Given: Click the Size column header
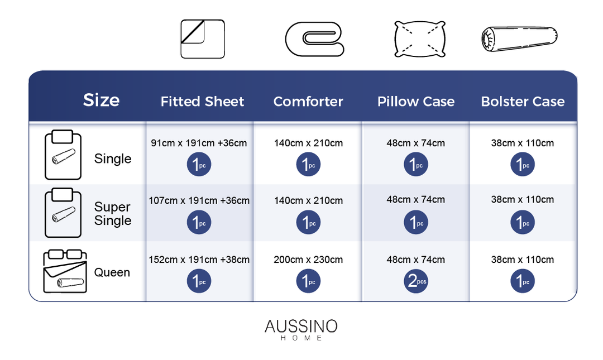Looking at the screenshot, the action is (x=101, y=100).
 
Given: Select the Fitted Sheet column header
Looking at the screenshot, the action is (x=202, y=102).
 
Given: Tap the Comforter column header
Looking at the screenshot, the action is (x=308, y=102).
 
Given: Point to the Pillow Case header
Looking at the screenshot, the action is (x=416, y=102).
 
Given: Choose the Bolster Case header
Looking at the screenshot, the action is (x=523, y=102).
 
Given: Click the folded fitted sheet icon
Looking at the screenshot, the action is (x=203, y=39).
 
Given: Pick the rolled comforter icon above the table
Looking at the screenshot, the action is (x=314, y=39).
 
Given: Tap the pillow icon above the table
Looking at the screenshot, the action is (x=420, y=39).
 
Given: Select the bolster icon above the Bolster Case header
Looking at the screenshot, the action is (x=520, y=39).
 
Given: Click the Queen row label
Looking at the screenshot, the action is (x=112, y=272).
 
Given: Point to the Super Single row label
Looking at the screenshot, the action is (x=113, y=213).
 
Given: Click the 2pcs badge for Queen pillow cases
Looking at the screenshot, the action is (x=416, y=281).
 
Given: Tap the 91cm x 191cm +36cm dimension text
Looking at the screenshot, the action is (x=199, y=143).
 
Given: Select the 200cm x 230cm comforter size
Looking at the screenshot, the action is (x=308, y=260).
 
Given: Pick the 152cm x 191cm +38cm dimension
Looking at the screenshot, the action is (x=199, y=260).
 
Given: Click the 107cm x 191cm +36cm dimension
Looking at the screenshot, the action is (x=199, y=200).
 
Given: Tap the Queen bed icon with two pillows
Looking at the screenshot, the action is (x=65, y=271).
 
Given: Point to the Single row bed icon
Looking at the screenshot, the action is (x=63, y=155).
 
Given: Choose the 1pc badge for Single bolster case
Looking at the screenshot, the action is (x=522, y=164).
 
